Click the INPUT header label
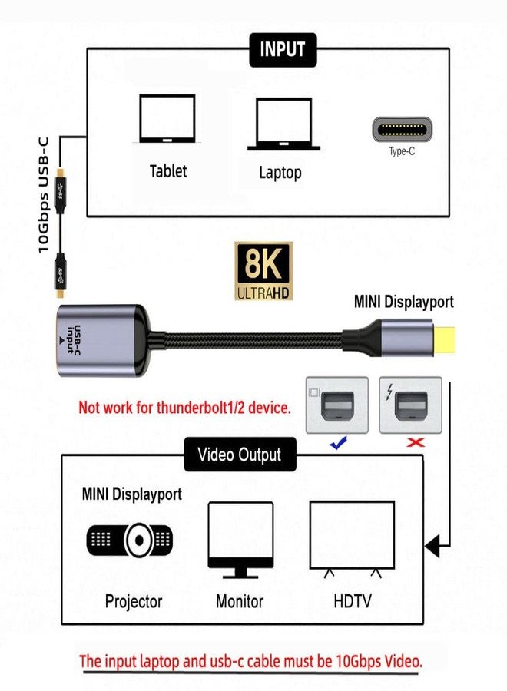283,49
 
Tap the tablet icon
167,119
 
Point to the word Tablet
167,170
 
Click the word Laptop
280,173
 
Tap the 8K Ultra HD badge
263,270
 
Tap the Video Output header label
240,455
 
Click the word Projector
134,600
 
